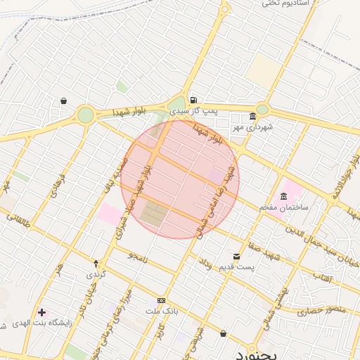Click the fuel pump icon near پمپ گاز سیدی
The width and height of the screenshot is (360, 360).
[x=193, y=100]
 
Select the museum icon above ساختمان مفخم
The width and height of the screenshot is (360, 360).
[x=283, y=195]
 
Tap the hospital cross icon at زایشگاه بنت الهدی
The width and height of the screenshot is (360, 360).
[x=42, y=311]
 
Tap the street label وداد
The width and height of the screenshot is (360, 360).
[x=205, y=265]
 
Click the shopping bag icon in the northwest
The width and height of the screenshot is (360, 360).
[x=63, y=101]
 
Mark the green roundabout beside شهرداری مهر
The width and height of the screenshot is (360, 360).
[x=262, y=109]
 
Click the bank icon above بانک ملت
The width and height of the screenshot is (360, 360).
[x=162, y=300]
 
